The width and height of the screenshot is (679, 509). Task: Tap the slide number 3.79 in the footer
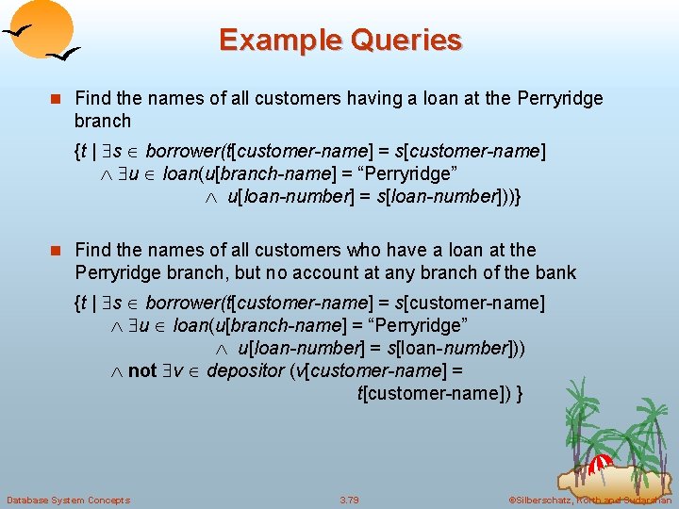(x=349, y=500)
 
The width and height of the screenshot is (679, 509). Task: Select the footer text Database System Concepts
(x=68, y=500)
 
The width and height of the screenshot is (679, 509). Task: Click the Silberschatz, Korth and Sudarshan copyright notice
(x=588, y=500)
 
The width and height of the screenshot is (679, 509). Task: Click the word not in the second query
(x=141, y=370)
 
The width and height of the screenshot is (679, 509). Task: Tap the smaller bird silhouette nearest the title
(x=64, y=56)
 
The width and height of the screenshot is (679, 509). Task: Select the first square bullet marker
(x=58, y=99)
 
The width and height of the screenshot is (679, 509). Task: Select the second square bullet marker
(x=58, y=251)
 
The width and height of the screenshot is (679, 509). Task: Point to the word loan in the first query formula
(x=179, y=173)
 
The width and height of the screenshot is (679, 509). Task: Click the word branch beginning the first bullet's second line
(x=103, y=121)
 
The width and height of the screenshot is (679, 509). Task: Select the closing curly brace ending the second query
(x=521, y=392)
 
